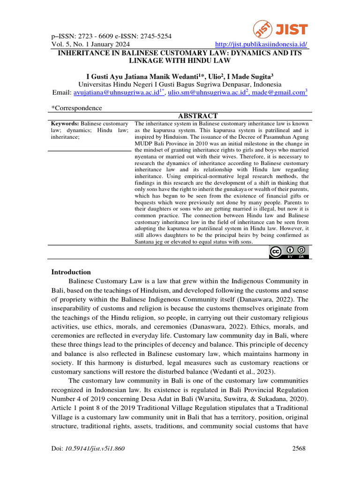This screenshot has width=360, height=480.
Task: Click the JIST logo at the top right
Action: tap(281, 30)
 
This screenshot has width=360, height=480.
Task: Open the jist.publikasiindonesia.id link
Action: tap(261, 45)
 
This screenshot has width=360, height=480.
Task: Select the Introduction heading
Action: tap(71, 272)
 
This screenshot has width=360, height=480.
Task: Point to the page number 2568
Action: tap(299, 449)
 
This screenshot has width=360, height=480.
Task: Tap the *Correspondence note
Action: tap(76, 108)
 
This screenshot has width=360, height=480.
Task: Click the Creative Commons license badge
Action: tap(289, 252)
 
